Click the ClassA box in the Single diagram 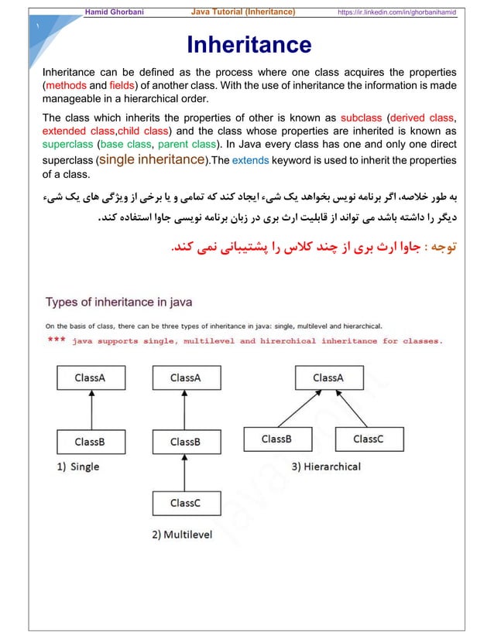click(90, 378)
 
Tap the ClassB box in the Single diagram click(90, 442)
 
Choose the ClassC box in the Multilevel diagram click(185, 503)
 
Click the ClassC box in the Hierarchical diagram click(368, 439)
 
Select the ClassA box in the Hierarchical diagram click(328, 378)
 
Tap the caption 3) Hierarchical click(326, 466)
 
